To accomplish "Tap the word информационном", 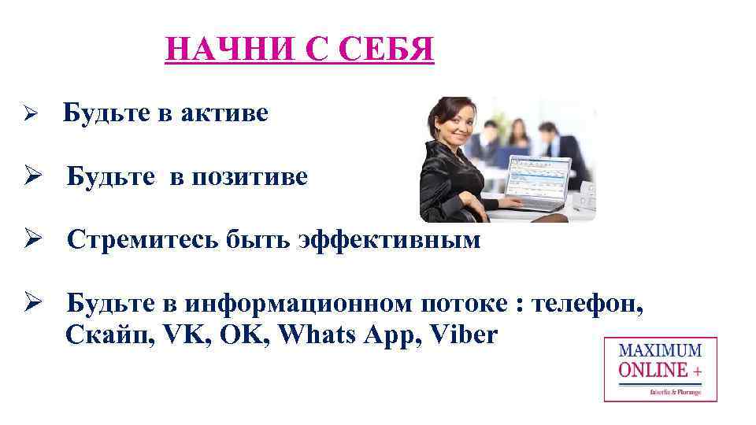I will pyautogui.click(x=301, y=304).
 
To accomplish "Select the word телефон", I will pyautogui.click(x=589, y=304).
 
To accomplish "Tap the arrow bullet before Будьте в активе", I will pyautogui.click(x=24, y=115).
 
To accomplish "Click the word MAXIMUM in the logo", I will pyautogui.click(x=660, y=351).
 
